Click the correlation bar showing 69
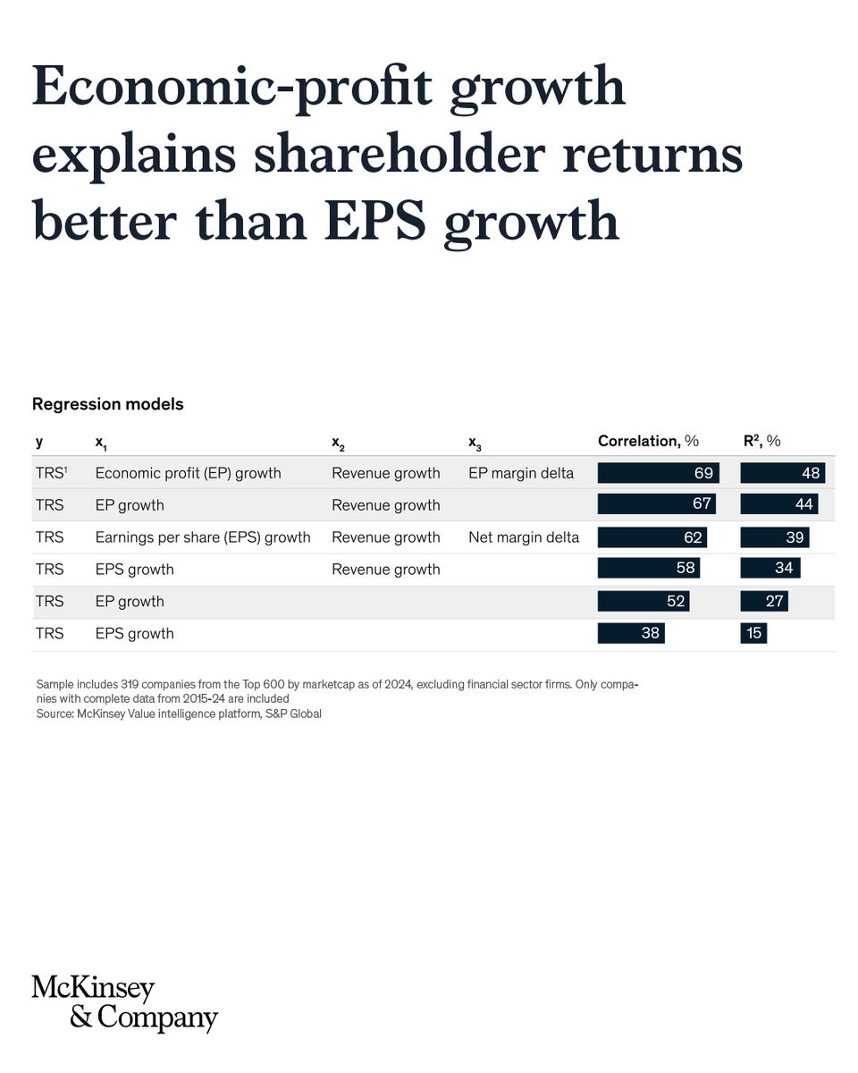[x=658, y=473]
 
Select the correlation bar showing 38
[x=631, y=634]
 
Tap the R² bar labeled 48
[x=782, y=473]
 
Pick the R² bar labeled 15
[x=753, y=634]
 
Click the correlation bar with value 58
[x=648, y=570]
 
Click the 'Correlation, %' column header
[x=648, y=441]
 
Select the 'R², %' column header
[x=761, y=441]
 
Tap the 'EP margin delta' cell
[x=520, y=473]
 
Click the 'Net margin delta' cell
[x=523, y=537]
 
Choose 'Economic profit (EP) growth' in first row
[x=188, y=473]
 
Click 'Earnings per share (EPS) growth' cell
[x=203, y=537]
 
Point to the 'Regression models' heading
[x=107, y=404]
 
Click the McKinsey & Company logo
[x=124, y=1002]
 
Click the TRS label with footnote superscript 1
[x=51, y=473]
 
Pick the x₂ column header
[x=338, y=442]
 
